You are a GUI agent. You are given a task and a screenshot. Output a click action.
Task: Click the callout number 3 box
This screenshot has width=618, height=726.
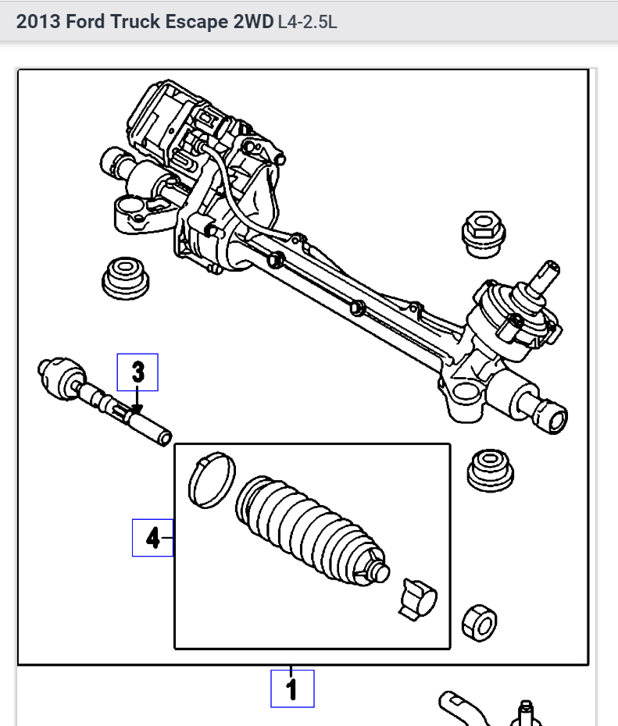click(138, 372)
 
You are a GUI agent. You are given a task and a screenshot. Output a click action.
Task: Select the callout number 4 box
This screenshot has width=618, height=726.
click(152, 537)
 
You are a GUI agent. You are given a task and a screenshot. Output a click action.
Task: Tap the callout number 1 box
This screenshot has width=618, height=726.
click(292, 689)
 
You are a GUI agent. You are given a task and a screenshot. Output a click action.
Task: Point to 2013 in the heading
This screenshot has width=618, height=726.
click(38, 22)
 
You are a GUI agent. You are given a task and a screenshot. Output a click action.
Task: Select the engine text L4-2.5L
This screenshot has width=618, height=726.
click(307, 22)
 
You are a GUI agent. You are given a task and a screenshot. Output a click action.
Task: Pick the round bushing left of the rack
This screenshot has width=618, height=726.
click(125, 276)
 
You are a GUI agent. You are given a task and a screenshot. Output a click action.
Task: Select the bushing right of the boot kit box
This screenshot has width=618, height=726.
click(490, 469)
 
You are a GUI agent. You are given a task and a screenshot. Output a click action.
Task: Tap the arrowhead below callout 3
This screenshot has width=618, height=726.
click(138, 407)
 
